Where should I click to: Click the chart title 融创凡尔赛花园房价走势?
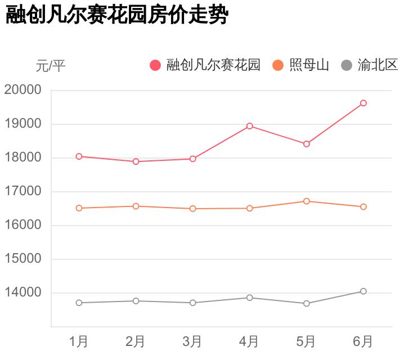[x=116, y=15]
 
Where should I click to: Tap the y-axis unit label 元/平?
[x=51, y=66]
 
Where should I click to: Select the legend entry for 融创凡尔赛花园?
[x=206, y=65]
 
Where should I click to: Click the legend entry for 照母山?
[x=301, y=65]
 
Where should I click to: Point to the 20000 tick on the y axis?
[x=23, y=90]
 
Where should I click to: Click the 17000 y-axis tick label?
[x=23, y=191]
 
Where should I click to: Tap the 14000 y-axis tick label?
[x=23, y=292]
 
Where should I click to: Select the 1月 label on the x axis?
[x=79, y=341]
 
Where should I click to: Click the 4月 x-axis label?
[x=249, y=341]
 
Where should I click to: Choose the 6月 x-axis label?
[x=363, y=341]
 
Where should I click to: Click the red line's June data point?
[x=363, y=103]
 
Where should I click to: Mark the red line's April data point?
[x=250, y=126]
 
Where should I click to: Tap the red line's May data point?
[x=307, y=144]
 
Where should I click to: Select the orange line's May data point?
[x=307, y=201]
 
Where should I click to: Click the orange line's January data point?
[x=79, y=208]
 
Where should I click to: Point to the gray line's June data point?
[x=363, y=291]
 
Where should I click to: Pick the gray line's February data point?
[x=136, y=301]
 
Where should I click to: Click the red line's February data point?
[x=136, y=161]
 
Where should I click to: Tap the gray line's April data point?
[x=250, y=298]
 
